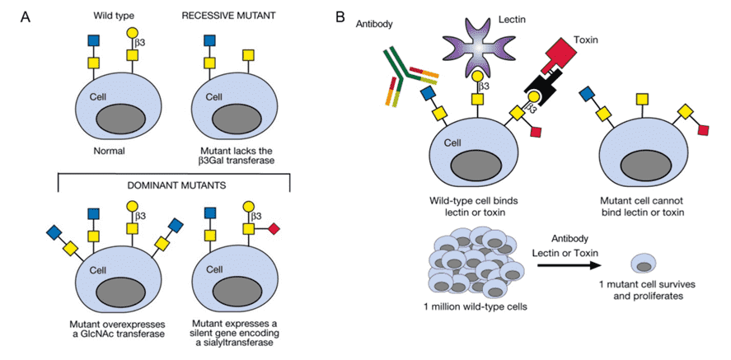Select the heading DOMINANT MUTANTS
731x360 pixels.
[x=173, y=186]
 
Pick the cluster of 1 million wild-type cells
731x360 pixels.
[x=476, y=264]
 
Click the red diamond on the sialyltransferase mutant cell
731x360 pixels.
[x=274, y=227]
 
